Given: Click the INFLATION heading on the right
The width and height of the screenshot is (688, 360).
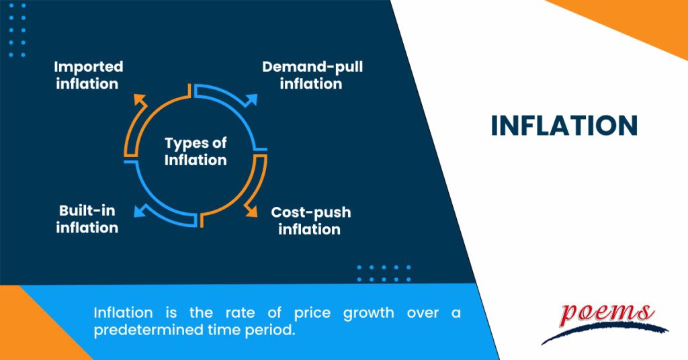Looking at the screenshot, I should click(x=564, y=126).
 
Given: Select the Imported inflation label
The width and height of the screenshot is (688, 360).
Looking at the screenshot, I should click(x=88, y=75).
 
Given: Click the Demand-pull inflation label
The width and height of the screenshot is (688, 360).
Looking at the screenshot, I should click(x=312, y=75).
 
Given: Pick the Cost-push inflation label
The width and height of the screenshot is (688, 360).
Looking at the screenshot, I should click(x=310, y=220).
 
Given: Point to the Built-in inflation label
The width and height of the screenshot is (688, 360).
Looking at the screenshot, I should click(x=87, y=220).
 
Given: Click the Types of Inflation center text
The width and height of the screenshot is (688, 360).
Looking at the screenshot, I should click(x=196, y=151).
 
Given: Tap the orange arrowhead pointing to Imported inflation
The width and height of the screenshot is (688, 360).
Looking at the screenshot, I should click(x=140, y=99).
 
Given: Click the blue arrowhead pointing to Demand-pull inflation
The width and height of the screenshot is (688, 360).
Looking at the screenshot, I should click(x=251, y=99).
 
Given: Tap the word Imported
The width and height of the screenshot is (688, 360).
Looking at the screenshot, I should click(x=88, y=67).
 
